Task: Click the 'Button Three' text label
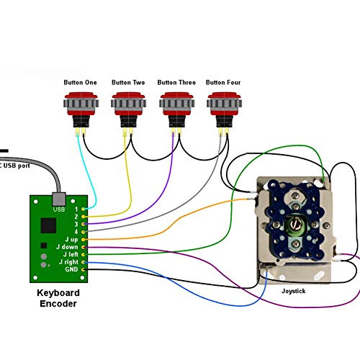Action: pos(176,82)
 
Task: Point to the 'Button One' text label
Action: pos(81,82)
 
